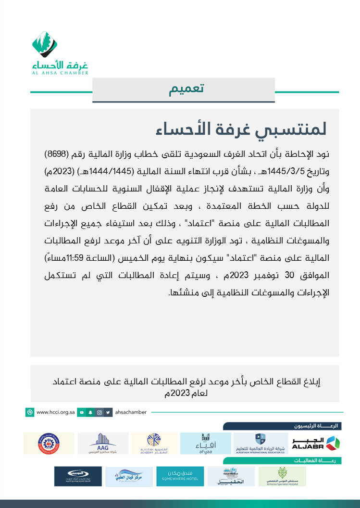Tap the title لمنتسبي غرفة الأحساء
(x=241, y=129)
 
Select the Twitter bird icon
(x=109, y=412)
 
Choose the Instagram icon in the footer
(x=99, y=412)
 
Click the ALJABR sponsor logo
(x=315, y=443)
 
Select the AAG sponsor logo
(x=103, y=443)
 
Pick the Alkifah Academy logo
(x=154, y=443)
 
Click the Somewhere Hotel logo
(x=176, y=476)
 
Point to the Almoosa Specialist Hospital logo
(x=282, y=476)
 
